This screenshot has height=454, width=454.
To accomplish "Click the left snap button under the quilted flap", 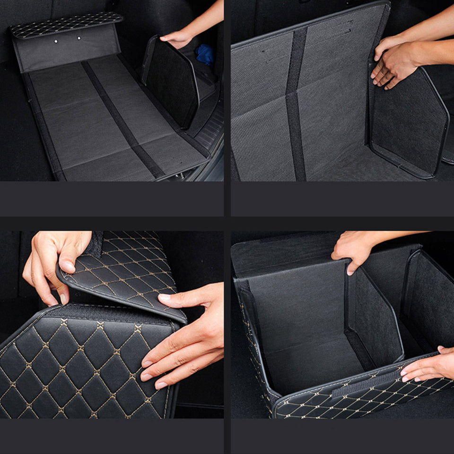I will [55, 41].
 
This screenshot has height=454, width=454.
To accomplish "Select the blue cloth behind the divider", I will [205, 55].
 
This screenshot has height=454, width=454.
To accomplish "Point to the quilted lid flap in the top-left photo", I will [66, 25].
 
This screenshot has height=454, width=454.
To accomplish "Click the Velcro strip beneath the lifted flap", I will [109, 312].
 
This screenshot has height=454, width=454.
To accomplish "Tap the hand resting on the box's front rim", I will [428, 364].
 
